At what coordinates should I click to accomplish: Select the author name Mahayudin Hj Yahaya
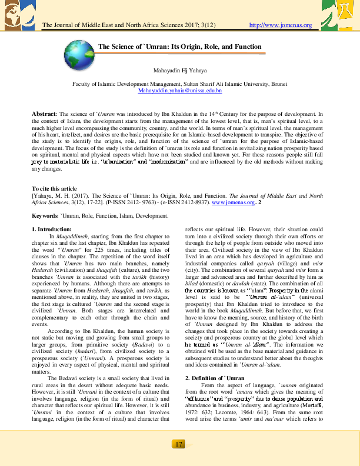pyautogui.click(x=179, y=70)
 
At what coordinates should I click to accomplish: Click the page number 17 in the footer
pyautogui.click(x=179, y=444)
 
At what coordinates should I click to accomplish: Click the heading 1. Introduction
pyautogui.click(x=51, y=229)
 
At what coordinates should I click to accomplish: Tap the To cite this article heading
pyautogui.click(x=55, y=188)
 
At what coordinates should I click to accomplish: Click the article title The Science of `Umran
pyautogui.click(x=179, y=46)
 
